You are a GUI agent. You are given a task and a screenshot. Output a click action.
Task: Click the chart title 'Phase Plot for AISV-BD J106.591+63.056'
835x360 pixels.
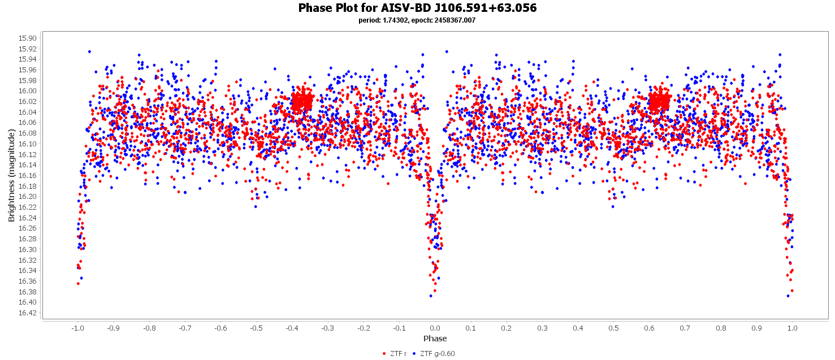click(417, 8)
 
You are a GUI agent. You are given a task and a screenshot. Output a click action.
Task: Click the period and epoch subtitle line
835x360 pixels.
click(417, 20)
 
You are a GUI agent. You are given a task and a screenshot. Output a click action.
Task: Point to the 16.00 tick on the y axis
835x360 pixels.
click(28, 90)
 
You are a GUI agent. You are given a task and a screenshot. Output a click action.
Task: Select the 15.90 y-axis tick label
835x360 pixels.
click(28, 38)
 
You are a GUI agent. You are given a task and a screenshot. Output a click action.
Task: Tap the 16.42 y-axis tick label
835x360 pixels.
click(28, 313)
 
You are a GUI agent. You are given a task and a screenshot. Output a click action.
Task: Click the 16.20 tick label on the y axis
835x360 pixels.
click(28, 196)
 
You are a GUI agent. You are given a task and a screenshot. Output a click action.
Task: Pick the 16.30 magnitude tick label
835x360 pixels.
click(28, 249)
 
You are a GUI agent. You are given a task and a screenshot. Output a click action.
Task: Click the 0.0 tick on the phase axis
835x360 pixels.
click(435, 328)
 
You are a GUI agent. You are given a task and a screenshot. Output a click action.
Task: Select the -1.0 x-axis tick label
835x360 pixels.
click(77, 328)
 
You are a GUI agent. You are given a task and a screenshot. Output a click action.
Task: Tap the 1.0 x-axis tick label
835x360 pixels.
click(793, 328)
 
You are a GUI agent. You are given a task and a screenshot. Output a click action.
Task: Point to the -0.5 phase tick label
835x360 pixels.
click(256, 328)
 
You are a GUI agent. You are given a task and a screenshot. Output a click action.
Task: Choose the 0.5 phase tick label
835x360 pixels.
click(614, 328)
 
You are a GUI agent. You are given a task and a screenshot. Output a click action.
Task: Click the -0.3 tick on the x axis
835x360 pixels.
click(328, 328)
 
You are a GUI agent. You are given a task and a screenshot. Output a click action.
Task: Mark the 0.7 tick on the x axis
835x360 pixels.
click(685, 328)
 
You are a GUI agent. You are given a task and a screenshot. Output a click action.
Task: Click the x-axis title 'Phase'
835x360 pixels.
click(435, 339)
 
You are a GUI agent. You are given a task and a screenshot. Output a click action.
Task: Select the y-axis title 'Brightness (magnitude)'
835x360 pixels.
click(11, 175)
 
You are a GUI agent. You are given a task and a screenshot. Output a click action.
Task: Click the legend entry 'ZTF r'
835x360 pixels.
click(395, 354)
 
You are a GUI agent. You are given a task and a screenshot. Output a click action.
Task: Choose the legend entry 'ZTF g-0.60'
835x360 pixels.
click(434, 354)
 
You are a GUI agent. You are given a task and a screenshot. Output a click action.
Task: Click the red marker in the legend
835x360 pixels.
click(385, 354)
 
